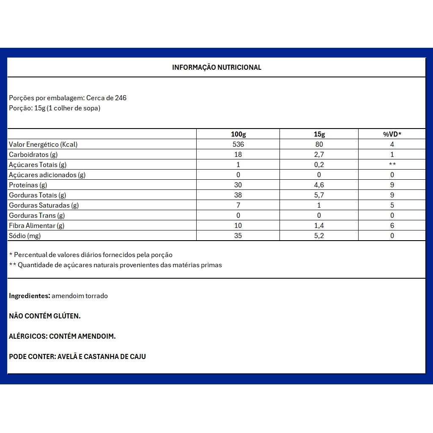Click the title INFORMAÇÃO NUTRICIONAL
pyautogui.click(x=216, y=67)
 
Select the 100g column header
pyautogui.click(x=238, y=134)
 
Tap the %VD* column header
pyautogui.click(x=392, y=134)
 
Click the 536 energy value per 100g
pyautogui.click(x=238, y=144)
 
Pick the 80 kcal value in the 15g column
pyautogui.click(x=319, y=144)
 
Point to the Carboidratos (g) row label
pyautogui.click(x=33, y=154)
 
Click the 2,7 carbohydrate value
pyautogui.click(x=319, y=154)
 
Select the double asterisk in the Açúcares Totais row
pyautogui.click(x=392, y=164)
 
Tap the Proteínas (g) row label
pyautogui.click(x=28, y=185)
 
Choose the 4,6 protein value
pyautogui.click(x=319, y=185)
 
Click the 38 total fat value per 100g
pyautogui.click(x=238, y=195)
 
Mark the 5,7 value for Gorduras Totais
pyautogui.click(x=319, y=195)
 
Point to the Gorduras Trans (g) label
pyautogui.click(x=37, y=215)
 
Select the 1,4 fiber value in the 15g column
pyautogui.click(x=319, y=225)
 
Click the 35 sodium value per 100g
pyautogui.click(x=238, y=236)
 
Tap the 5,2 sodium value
pyautogui.click(x=319, y=236)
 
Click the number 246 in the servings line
pyautogui.click(x=121, y=98)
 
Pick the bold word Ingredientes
pyautogui.click(x=30, y=296)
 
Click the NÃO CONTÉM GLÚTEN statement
pyautogui.click(x=45, y=316)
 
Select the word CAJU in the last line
pyautogui.click(x=137, y=356)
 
